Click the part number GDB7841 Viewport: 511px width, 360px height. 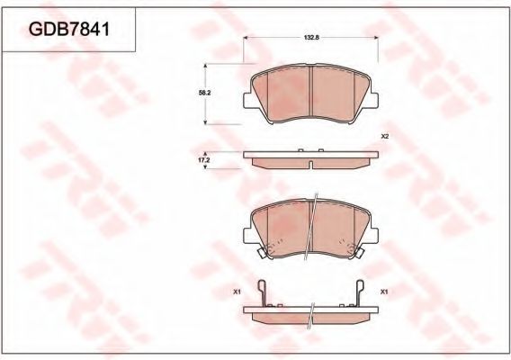(69, 30)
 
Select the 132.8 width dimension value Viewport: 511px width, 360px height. (311, 38)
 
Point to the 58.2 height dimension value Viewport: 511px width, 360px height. (205, 93)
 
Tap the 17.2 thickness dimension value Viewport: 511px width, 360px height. (205, 160)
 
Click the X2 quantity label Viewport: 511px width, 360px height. (385, 137)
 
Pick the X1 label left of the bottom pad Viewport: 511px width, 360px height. (237, 292)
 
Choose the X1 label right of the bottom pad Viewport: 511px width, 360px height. (384, 292)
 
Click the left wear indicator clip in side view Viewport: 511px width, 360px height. (263, 292)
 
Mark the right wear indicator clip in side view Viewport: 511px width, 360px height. (360, 292)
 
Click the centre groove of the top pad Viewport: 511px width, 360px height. (310, 91)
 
